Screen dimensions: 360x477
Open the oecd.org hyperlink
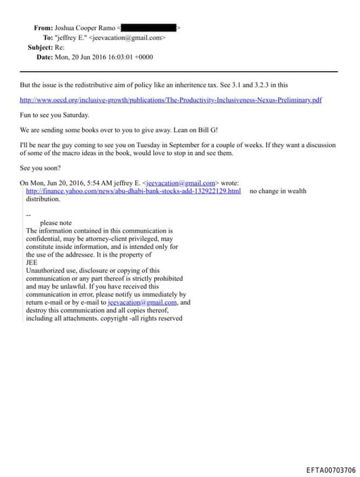pos(171,100)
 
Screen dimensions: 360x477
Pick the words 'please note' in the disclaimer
pos(56,222)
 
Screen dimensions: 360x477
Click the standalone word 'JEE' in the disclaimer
pos(32,262)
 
